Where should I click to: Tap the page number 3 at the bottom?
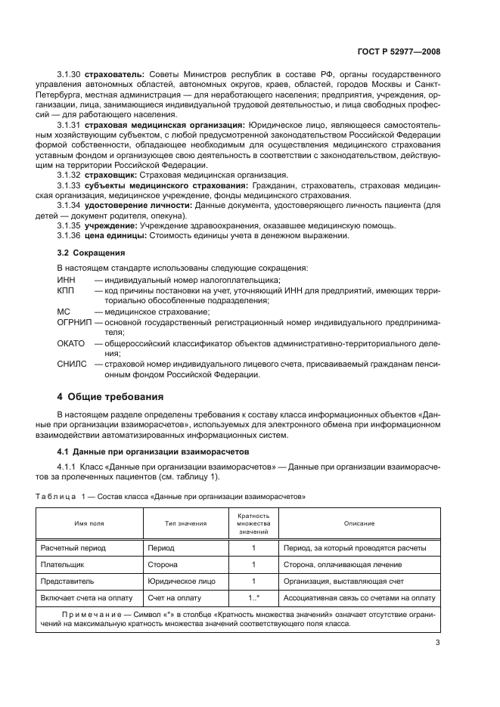pos(437,643)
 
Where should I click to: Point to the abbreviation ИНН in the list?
pos(67,281)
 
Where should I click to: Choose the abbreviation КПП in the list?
pos(67,290)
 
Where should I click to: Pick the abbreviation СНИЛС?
pos(72,364)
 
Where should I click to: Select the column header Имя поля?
pos(89,522)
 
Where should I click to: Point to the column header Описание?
pos(359,522)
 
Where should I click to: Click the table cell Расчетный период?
pos(74,547)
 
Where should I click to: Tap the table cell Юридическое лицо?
pos(182,582)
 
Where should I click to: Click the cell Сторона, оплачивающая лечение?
pos(342,565)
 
